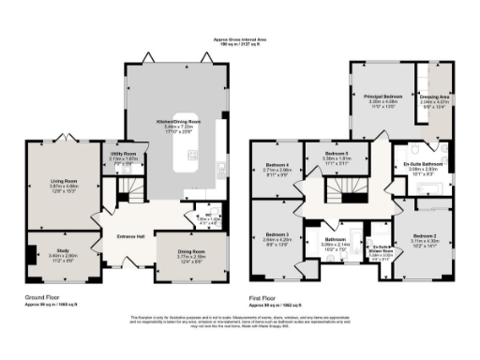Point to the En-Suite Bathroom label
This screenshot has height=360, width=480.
[x=426, y=165]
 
